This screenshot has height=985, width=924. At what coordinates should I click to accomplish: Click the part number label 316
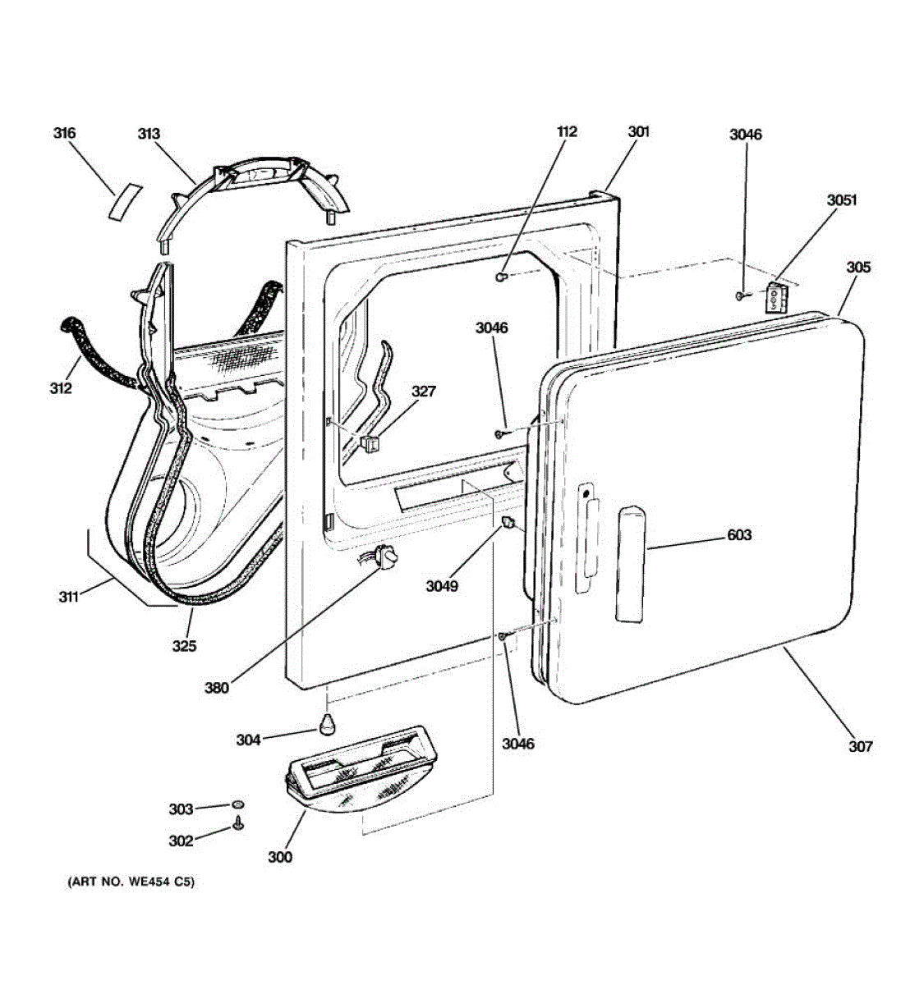(x=65, y=133)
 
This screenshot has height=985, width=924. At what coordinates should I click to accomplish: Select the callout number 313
(x=149, y=134)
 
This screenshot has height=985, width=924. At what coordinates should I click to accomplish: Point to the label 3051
(x=841, y=199)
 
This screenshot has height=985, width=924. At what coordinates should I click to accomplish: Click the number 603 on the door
(x=739, y=535)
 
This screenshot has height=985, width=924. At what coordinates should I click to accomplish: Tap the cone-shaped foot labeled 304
(x=328, y=724)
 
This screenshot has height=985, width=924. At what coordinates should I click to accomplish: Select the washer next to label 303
(x=237, y=804)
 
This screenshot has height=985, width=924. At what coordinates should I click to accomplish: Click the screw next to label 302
(x=237, y=823)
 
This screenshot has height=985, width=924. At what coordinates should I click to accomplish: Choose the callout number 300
(x=279, y=857)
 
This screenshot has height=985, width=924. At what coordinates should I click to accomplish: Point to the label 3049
(x=442, y=586)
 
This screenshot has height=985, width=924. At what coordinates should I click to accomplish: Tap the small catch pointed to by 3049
(x=508, y=523)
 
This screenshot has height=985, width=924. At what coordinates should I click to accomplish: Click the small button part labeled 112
(x=500, y=278)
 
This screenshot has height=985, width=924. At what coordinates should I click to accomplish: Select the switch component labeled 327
(x=370, y=443)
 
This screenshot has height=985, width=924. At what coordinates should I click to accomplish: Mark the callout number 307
(x=860, y=746)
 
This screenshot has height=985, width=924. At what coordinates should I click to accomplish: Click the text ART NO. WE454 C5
(x=131, y=883)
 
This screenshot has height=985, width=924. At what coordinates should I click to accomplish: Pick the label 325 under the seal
(x=184, y=646)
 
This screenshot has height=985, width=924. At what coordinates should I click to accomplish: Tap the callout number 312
(x=59, y=387)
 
